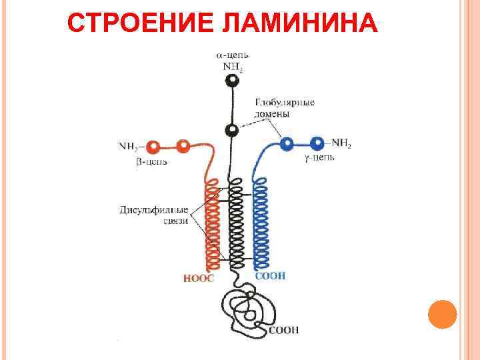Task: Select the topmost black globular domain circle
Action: click(232, 81)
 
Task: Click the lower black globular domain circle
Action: click(232, 130)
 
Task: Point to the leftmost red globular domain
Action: click(153, 146)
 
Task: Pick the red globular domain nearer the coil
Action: click(183, 145)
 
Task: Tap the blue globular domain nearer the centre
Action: click(287, 143)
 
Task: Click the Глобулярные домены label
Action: click(285, 108)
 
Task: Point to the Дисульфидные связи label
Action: click(155, 215)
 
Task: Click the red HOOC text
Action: click(199, 278)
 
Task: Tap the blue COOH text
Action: click(271, 275)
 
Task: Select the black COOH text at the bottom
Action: click(284, 329)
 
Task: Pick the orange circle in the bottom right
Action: click(441, 314)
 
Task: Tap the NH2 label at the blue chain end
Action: click(340, 143)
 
